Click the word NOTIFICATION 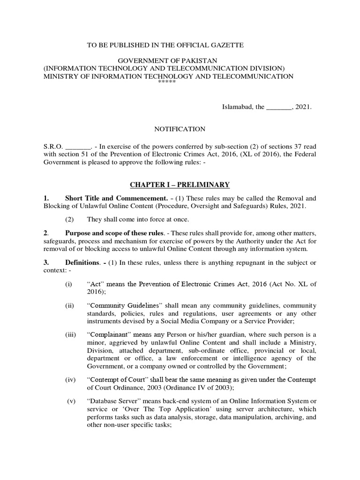tap(180, 129)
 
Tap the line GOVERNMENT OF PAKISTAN tap(168, 61)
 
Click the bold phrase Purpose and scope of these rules tap(115, 233)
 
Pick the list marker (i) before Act tap(69, 284)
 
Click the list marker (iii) tap(70, 335)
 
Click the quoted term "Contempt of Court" tap(115, 379)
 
